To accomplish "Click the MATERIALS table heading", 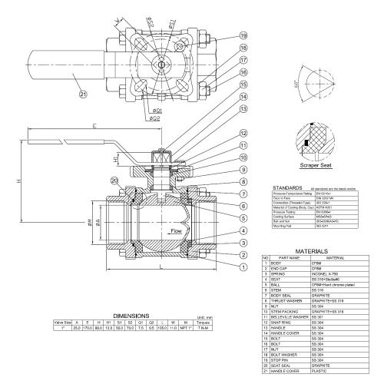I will (x=317, y=250).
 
